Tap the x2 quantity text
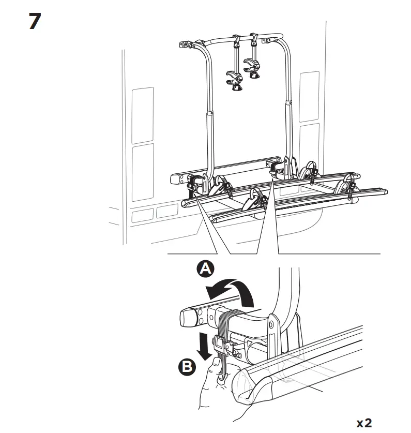[364, 422]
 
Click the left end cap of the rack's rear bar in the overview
[175, 180]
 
